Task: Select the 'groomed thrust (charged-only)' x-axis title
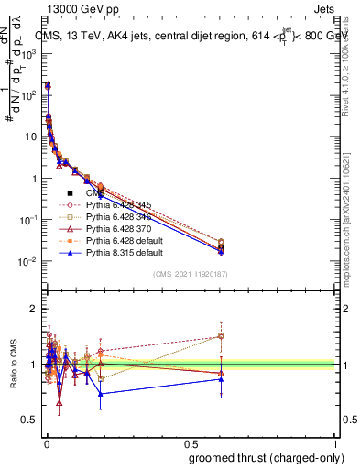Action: (x=267, y=457)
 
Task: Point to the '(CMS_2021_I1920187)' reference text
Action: (x=191, y=274)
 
